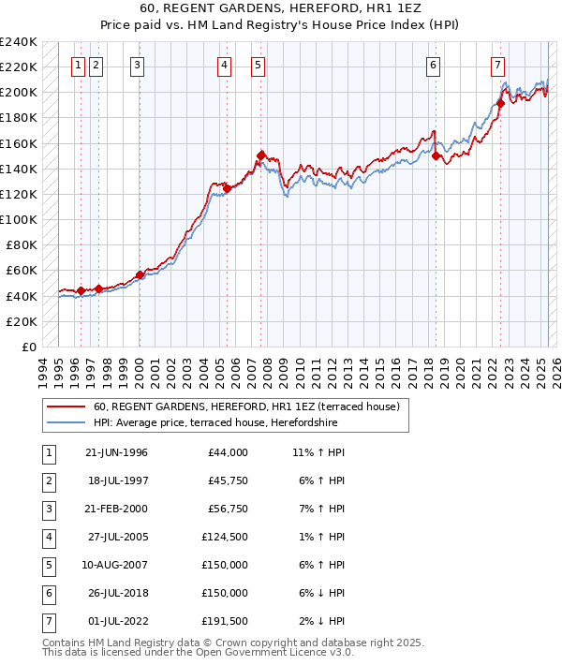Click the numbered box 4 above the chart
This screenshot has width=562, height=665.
click(225, 65)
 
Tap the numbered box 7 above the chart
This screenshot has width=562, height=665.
click(497, 65)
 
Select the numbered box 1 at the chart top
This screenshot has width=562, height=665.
click(78, 65)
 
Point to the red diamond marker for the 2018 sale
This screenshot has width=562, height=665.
click(436, 156)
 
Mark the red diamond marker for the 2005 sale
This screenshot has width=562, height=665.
click(228, 188)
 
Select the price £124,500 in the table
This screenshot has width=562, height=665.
click(225, 538)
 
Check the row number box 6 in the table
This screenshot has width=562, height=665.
click(48, 594)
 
